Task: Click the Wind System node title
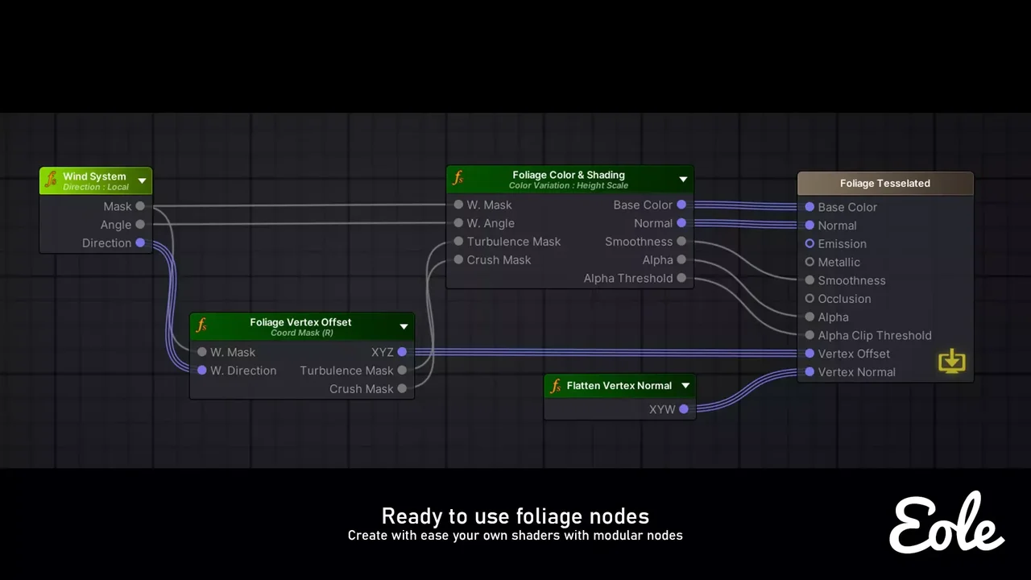(94, 176)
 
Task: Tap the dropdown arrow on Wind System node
(143, 180)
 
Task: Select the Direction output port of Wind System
(140, 242)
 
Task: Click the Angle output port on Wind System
(140, 224)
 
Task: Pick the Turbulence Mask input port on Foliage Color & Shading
(458, 241)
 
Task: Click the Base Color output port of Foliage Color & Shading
(681, 205)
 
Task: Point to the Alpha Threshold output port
(681, 278)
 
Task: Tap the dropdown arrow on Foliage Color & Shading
(684, 179)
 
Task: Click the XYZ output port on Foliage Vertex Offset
(402, 352)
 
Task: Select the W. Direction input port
(202, 370)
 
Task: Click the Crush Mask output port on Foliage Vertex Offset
(402, 388)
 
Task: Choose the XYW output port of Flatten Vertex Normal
(684, 408)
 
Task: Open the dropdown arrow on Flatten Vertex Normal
(685, 385)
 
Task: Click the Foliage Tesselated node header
(885, 183)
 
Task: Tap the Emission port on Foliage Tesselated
(809, 243)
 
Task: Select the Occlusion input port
(809, 298)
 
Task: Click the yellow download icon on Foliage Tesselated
(952, 361)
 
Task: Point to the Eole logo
(946, 523)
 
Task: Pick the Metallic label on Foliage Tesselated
(838, 262)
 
